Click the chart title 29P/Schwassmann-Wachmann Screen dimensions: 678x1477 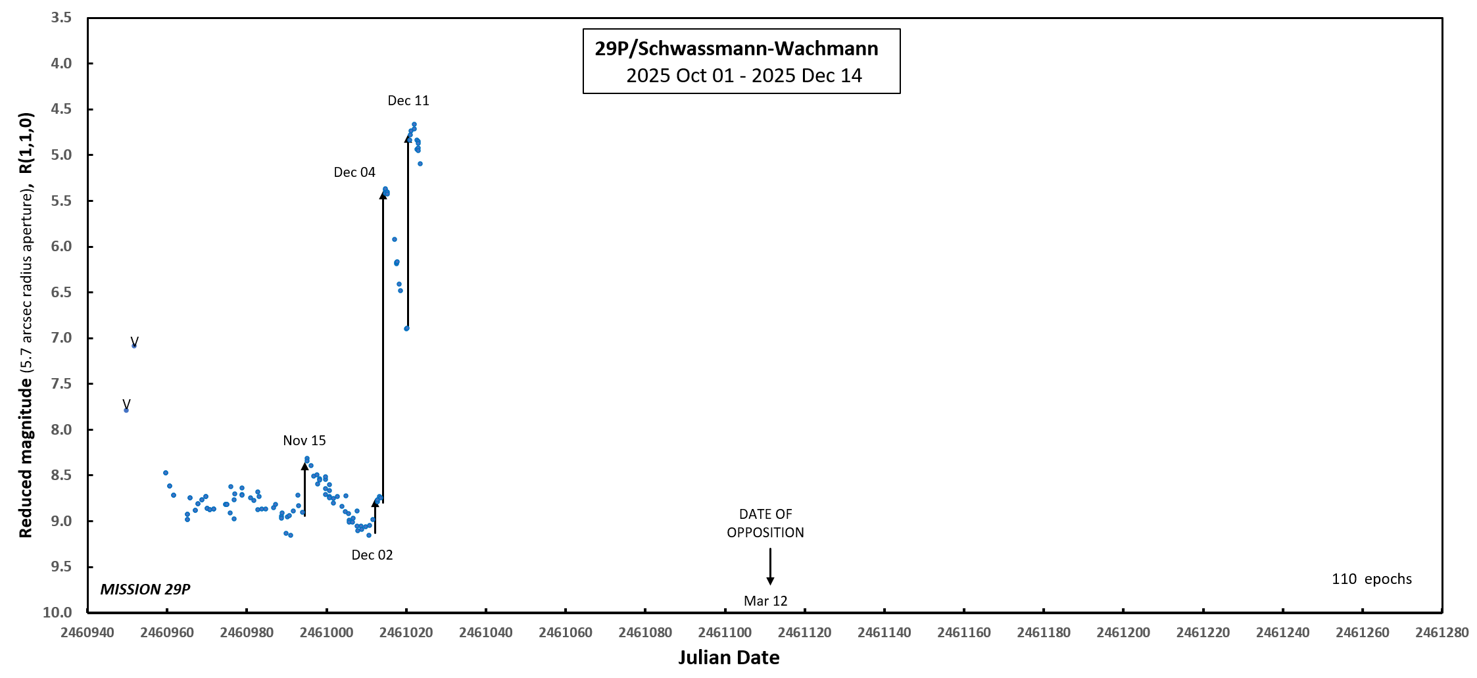(x=737, y=49)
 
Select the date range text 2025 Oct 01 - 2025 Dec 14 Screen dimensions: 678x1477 (x=744, y=76)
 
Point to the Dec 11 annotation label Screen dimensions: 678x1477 (x=408, y=101)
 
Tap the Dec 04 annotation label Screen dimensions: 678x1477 (x=354, y=172)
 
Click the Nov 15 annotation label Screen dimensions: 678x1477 (x=304, y=441)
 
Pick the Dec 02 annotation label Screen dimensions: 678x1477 (x=372, y=555)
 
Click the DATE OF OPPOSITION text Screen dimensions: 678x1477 (x=765, y=523)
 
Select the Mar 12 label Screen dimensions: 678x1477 (x=765, y=601)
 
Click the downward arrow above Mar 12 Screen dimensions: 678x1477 (x=770, y=566)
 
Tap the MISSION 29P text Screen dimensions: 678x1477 (x=145, y=589)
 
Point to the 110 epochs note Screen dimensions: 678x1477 (x=1372, y=579)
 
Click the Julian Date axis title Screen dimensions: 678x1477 (x=729, y=658)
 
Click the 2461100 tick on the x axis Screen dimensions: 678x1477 (x=725, y=633)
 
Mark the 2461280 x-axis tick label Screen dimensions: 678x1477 (x=1442, y=633)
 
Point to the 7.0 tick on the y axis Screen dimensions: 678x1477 (x=61, y=338)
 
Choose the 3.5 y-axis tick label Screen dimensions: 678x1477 (x=61, y=18)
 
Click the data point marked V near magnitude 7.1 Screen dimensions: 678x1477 (x=134, y=345)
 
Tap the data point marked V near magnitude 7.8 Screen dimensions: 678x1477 (x=126, y=410)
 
